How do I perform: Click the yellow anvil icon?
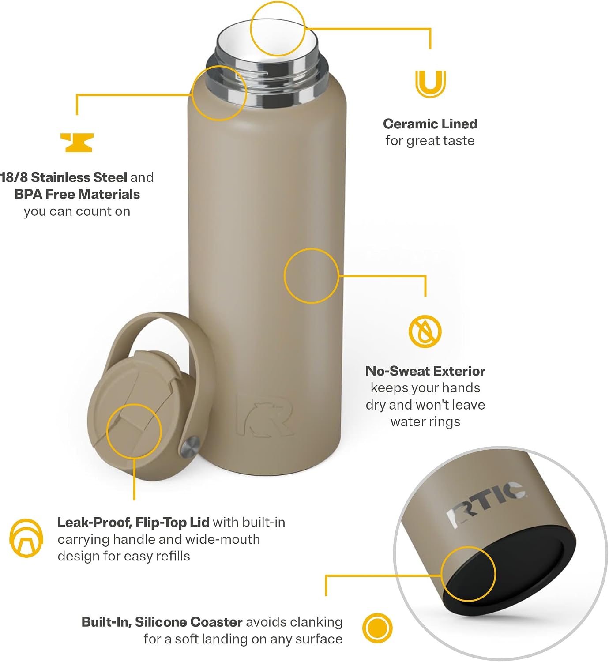(77, 143)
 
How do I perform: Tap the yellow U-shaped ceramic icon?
(430, 84)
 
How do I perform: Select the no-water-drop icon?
(425, 331)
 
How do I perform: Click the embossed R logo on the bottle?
(264, 415)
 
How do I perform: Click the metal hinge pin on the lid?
(190, 447)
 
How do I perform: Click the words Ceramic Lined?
(430, 124)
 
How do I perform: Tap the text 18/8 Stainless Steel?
(64, 177)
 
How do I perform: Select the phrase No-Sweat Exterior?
(425, 371)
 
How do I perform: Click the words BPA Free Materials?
(77, 194)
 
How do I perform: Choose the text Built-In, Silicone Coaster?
(162, 622)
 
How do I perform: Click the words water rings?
(425, 421)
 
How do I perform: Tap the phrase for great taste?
(430, 141)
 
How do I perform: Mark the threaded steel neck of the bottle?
(267, 79)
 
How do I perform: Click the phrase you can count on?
(77, 211)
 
